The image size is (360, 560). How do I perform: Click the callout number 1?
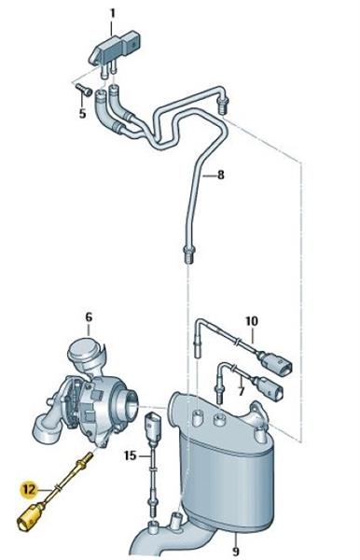[x=113, y=14]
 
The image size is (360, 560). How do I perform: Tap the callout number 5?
[x=82, y=114]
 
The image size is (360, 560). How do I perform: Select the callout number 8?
[x=221, y=175]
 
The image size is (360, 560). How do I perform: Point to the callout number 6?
[x=89, y=317]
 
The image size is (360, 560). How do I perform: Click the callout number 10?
[x=252, y=321]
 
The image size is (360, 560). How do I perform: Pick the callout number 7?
[x=242, y=391]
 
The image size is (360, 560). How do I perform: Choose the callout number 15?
[x=131, y=455]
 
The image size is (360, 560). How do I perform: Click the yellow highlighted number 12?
[x=29, y=489]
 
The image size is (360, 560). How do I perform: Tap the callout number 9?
[x=235, y=550]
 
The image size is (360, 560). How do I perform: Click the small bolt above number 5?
[x=84, y=90]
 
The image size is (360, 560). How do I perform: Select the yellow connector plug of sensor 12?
[x=31, y=516]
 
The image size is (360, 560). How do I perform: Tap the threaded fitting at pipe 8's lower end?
[x=189, y=254]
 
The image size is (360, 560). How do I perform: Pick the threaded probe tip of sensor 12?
[x=87, y=459]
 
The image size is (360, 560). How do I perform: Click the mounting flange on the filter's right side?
[x=260, y=415]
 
